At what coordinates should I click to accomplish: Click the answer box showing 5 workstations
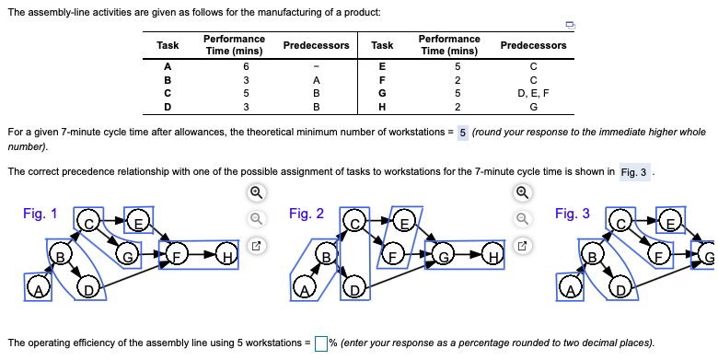point(463,132)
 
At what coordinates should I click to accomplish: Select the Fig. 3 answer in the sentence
point(634,172)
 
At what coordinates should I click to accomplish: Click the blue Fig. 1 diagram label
point(40,214)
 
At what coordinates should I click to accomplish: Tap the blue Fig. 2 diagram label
point(306,214)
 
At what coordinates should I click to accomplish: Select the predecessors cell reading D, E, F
point(533,92)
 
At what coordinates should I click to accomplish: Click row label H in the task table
point(382,105)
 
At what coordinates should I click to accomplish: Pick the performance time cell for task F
point(448,80)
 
